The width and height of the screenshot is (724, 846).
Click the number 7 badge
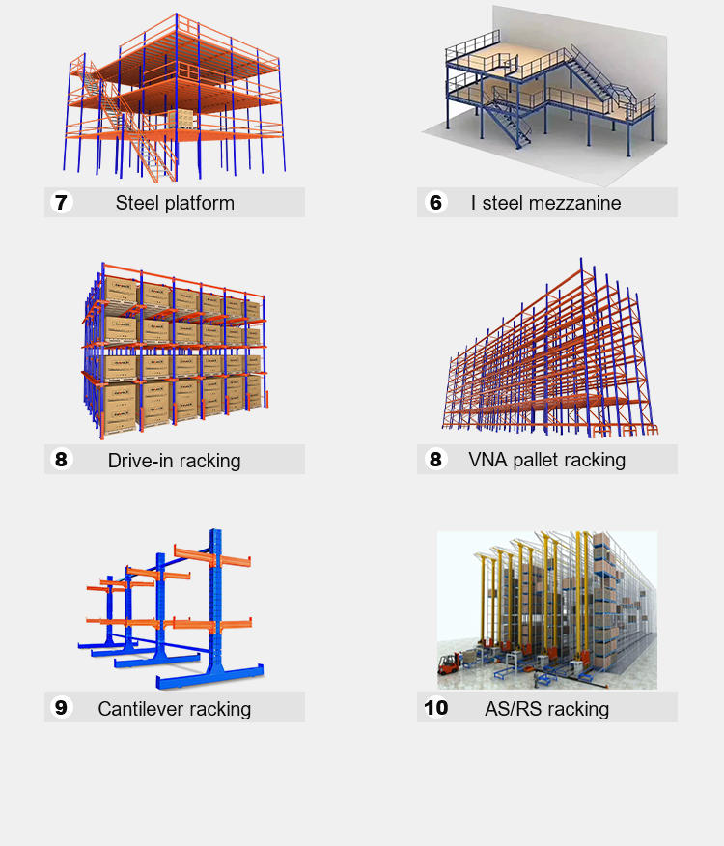click(x=62, y=203)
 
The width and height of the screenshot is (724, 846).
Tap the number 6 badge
click(x=435, y=203)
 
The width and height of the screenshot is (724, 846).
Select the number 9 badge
click(x=62, y=708)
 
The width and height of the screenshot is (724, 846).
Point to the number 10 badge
click(x=435, y=708)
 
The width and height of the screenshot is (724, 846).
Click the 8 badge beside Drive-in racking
click(x=62, y=460)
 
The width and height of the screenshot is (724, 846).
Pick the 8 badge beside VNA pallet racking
click(x=435, y=460)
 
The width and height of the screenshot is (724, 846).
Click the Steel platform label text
click(x=175, y=203)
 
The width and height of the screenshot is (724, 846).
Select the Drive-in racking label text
click(x=175, y=461)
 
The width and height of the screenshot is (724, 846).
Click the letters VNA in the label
click(x=487, y=460)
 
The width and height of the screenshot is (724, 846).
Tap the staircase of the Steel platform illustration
click(x=154, y=155)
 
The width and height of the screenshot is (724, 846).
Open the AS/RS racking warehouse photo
click(x=547, y=609)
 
